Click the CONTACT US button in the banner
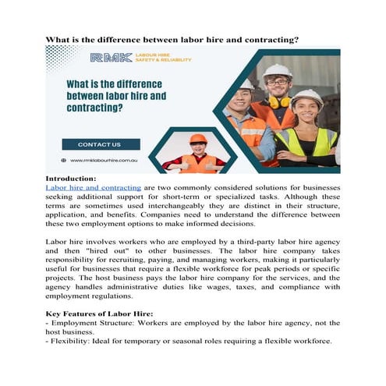[101, 144]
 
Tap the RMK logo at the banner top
[111, 58]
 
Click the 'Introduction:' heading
[71, 179]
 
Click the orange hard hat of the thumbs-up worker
[198, 139]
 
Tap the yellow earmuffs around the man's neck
[278, 102]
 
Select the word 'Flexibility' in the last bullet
[69, 342]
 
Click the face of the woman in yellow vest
[306, 112]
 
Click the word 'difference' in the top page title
[137, 38]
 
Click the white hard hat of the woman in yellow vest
[306, 97]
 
